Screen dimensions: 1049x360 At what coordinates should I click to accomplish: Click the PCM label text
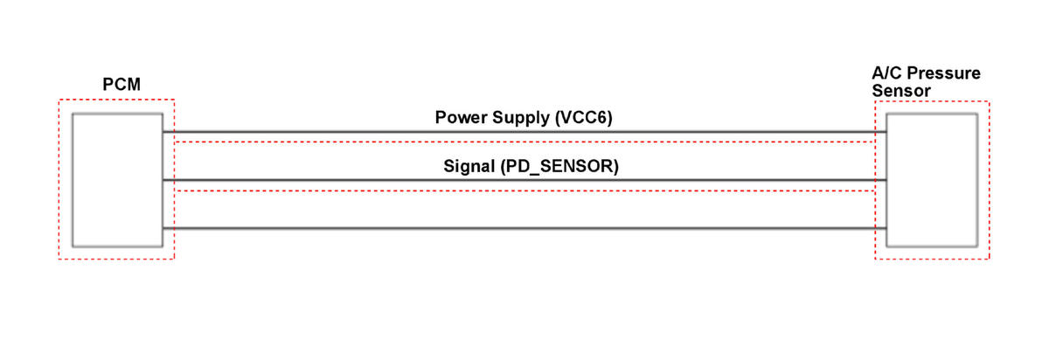(122, 84)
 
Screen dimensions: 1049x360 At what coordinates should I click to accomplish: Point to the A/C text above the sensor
(886, 73)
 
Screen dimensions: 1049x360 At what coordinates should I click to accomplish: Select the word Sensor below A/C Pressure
(901, 90)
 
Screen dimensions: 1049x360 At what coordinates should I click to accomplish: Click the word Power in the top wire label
(462, 117)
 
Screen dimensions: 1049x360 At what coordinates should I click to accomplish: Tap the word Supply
(521, 118)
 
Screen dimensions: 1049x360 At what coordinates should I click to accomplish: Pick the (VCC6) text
(584, 117)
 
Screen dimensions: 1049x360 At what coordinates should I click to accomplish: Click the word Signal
(469, 166)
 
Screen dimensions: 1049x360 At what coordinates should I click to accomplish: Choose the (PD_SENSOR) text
(559, 166)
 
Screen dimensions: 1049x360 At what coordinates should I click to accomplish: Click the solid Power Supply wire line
(524, 132)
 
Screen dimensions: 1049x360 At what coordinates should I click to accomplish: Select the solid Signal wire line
(524, 180)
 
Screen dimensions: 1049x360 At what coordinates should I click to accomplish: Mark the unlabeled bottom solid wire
(524, 228)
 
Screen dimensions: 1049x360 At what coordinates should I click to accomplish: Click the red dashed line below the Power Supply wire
(524, 142)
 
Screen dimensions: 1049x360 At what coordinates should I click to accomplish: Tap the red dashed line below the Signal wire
(524, 190)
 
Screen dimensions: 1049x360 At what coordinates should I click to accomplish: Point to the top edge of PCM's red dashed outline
(116, 100)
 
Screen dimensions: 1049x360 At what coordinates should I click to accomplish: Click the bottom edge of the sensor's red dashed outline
(933, 259)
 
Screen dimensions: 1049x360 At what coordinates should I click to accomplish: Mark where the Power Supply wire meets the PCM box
(163, 132)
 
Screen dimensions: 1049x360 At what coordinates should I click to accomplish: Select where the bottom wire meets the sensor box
(886, 228)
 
